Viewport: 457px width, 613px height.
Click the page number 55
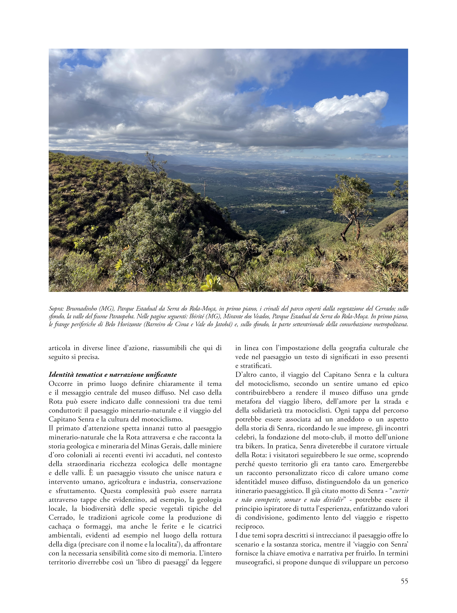coord(404,581)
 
